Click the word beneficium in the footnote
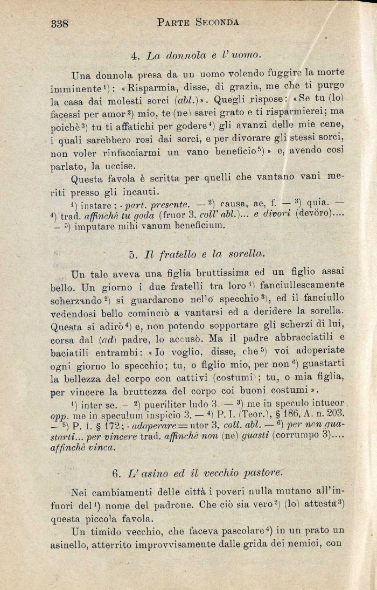(194, 226)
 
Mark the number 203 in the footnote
(334, 414)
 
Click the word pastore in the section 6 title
(273, 474)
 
